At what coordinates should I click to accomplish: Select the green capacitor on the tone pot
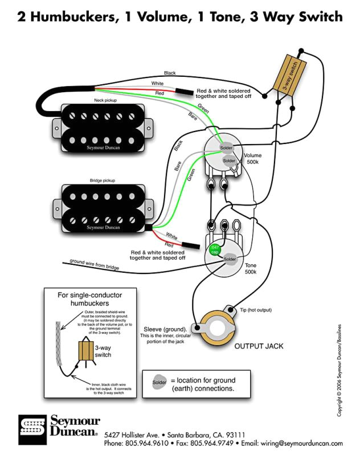(x=215, y=248)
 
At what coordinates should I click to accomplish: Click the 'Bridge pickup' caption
(x=102, y=181)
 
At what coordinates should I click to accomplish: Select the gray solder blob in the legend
(x=159, y=382)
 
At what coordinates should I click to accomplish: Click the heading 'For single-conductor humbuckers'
(x=91, y=300)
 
